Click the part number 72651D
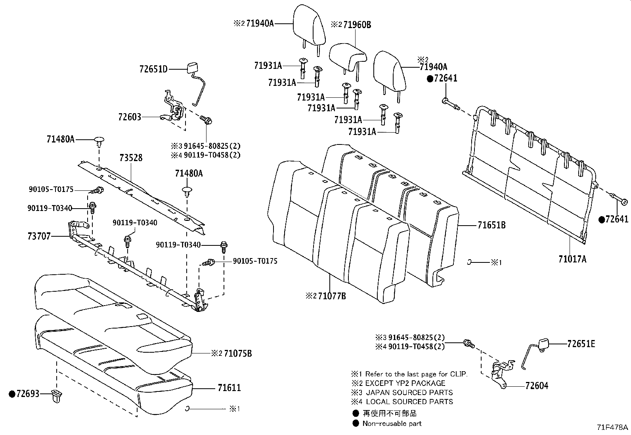153,69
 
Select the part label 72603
129,117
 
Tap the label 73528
131,158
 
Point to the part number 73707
39,236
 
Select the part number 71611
229,388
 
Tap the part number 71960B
357,25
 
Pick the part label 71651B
491,225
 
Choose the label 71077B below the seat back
332,296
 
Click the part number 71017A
572,259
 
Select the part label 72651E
581,344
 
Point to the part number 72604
537,386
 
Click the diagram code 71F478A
613,427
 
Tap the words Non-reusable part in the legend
392,424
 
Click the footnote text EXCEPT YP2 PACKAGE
405,383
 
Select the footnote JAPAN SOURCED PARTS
409,392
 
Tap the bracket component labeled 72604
499,376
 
